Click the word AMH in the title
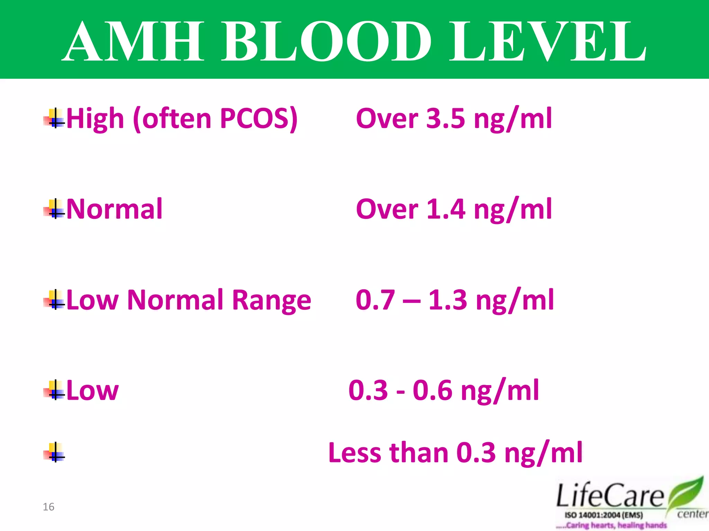pos(133,41)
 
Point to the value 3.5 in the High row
pos(446,119)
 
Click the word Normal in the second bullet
pos(114,209)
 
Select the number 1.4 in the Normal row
pos(446,209)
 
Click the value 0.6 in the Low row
pos(432,391)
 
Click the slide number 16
pos(48,507)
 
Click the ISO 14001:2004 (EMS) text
pos(604,515)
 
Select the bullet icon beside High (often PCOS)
pos(54,119)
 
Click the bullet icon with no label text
pos(54,453)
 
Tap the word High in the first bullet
pos(95,119)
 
